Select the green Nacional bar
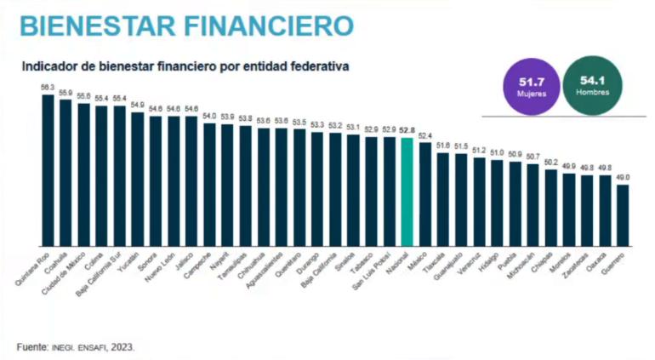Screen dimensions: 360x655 click(407, 191)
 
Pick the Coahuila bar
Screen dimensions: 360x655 click(65, 171)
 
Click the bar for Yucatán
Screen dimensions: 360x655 click(138, 177)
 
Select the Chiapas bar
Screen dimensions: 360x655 click(551, 207)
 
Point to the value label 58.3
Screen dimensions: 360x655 click(48, 88)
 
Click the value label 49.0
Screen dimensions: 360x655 click(623, 177)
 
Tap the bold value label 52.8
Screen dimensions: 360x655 click(407, 130)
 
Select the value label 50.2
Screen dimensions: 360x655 click(551, 162)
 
